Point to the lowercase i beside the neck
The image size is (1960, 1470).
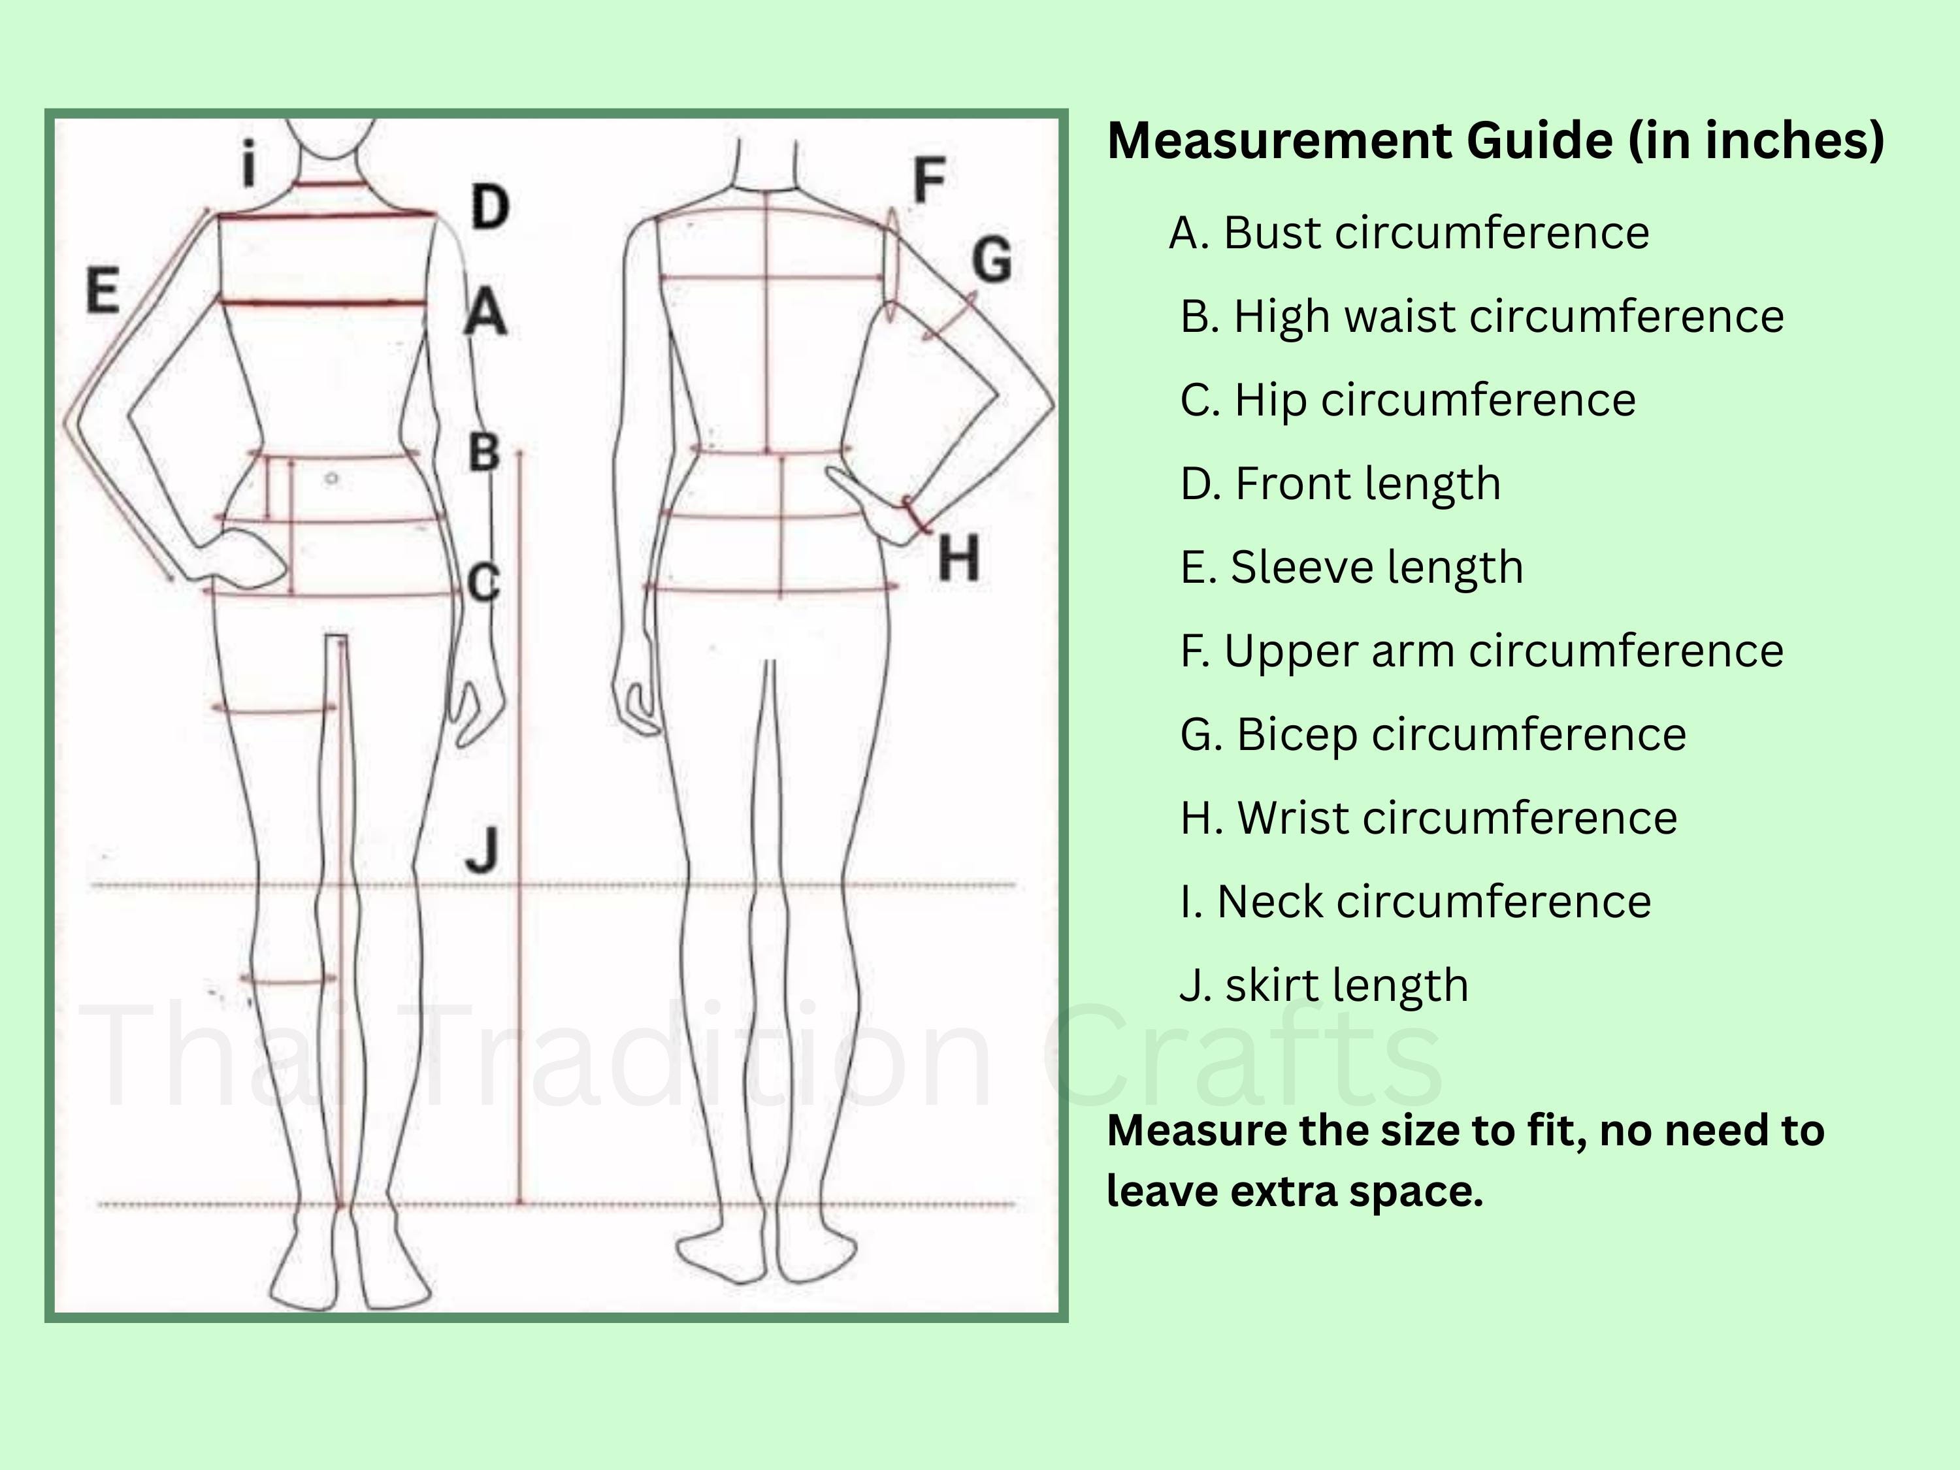click(x=250, y=164)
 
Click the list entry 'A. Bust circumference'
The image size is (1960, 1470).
click(x=1409, y=233)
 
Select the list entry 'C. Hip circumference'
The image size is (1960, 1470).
click(x=1408, y=400)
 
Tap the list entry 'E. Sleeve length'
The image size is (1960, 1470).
click(x=1352, y=567)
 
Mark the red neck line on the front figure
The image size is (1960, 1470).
click(x=329, y=184)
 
